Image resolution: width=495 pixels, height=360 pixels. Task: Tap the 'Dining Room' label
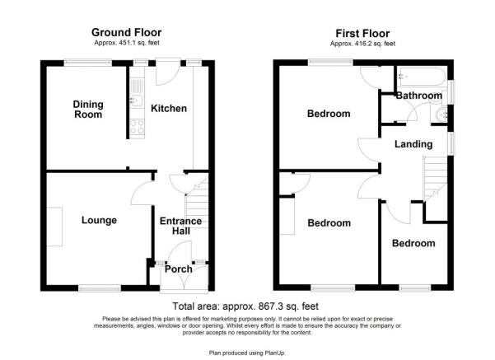pos(88,109)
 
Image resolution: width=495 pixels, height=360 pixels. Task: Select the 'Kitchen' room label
pos(169,109)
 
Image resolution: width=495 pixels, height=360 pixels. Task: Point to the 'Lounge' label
pos(99,220)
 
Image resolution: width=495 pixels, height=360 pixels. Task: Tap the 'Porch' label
pos(179,269)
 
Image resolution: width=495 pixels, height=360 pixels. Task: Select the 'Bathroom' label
pos(418,96)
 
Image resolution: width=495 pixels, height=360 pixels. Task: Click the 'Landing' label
pos(413,144)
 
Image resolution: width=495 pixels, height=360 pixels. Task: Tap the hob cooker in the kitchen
pos(137,126)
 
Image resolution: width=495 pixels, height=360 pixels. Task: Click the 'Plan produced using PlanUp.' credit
pos(247,352)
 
